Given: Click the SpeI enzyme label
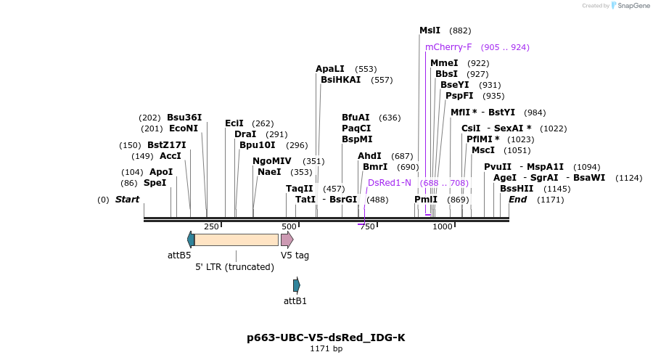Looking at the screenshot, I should click(x=155, y=183).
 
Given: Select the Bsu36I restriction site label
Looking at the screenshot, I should click(x=184, y=118).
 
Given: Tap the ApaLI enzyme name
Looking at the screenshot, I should click(x=330, y=69).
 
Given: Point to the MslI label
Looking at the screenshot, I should click(x=430, y=30).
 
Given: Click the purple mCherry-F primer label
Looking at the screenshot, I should click(x=448, y=47).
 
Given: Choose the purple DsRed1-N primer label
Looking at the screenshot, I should click(x=390, y=183).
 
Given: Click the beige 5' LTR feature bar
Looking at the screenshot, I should click(x=236, y=240).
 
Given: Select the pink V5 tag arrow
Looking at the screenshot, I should click(x=287, y=240).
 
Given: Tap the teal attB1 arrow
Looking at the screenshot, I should click(x=296, y=285).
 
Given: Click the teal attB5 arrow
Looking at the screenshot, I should click(x=191, y=240).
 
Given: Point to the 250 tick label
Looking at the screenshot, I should click(x=211, y=226).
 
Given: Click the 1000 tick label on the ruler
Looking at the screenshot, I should click(x=443, y=226).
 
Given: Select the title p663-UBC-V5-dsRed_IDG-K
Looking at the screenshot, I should click(x=326, y=337).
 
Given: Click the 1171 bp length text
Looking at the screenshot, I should click(x=326, y=349).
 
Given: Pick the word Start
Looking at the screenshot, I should click(x=127, y=200).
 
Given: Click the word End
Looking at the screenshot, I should click(x=517, y=200).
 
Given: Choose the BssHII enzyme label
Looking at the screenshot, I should click(x=516, y=189).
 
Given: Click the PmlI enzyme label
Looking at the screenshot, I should click(x=426, y=200).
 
